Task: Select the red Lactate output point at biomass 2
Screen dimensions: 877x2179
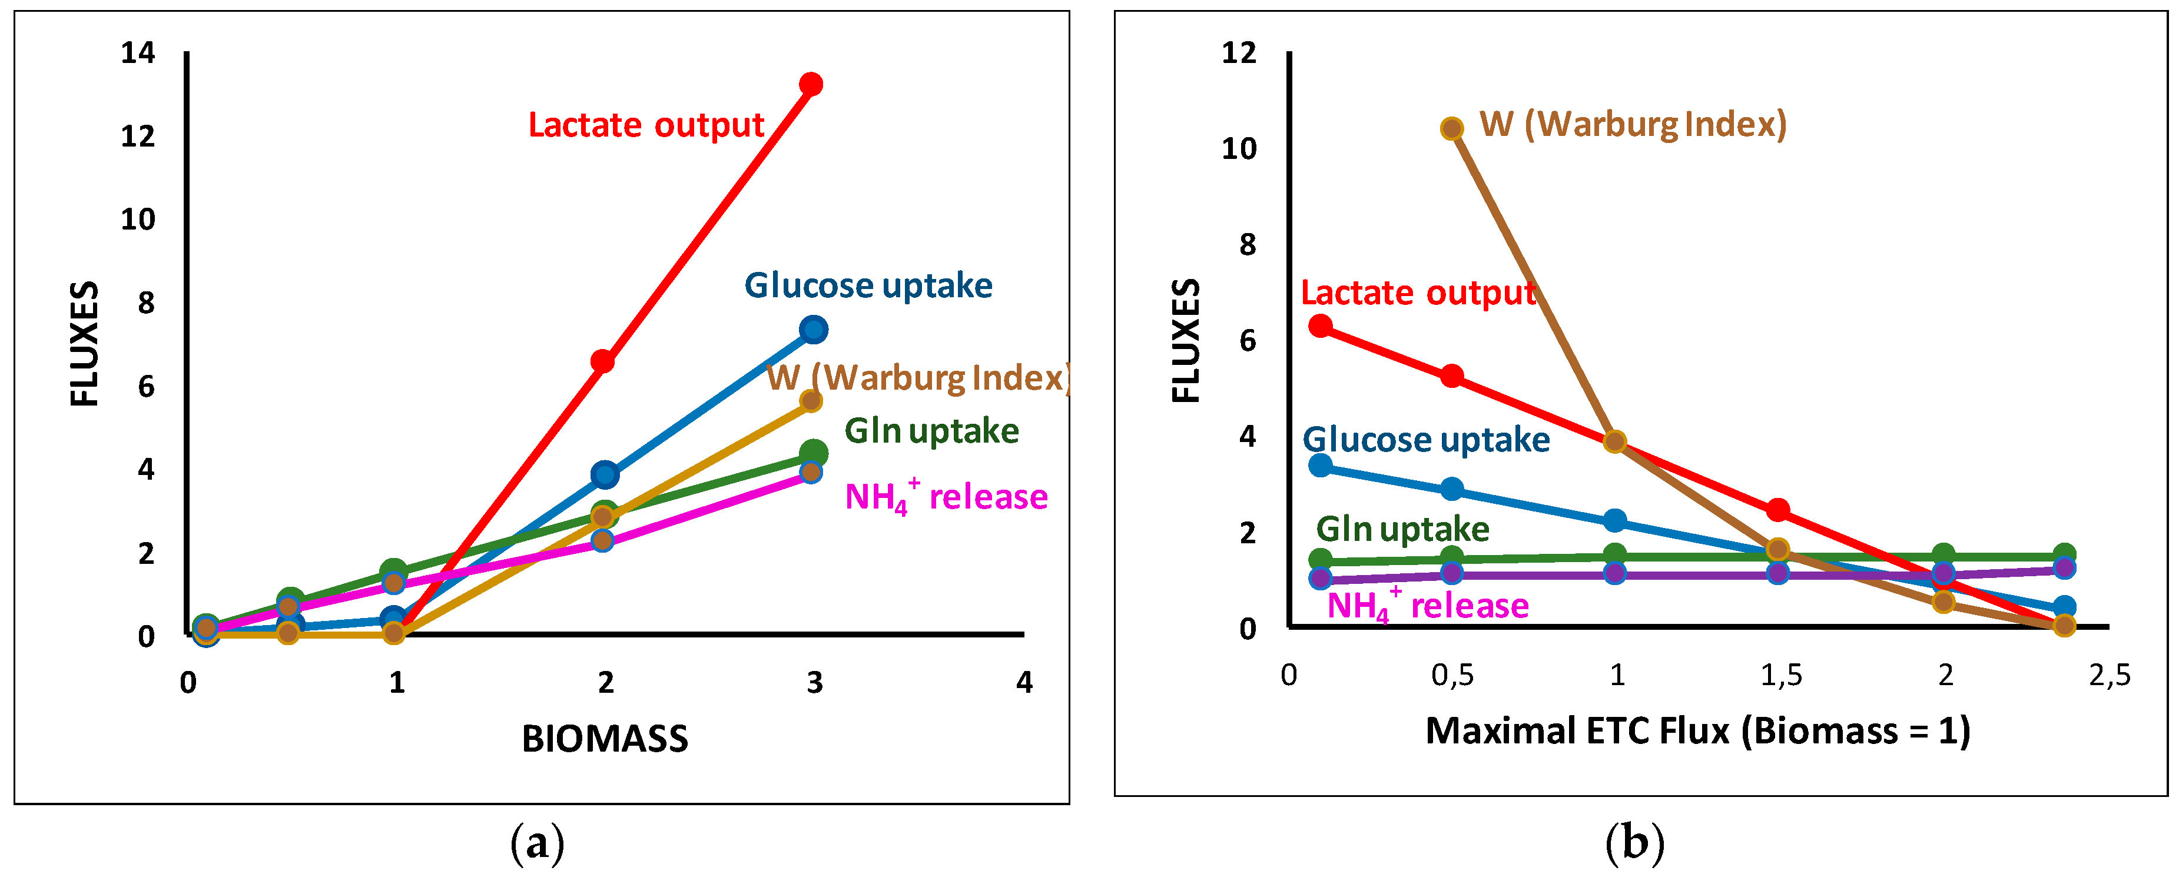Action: click(602, 362)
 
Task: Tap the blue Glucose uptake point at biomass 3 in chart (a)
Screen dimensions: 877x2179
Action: click(814, 330)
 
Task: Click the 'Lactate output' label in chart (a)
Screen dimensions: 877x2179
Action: click(646, 125)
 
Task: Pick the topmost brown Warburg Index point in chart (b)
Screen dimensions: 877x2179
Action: click(1451, 128)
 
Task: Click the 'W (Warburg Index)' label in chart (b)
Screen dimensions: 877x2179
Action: click(1633, 124)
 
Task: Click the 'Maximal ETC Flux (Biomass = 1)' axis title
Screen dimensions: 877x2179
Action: click(1698, 730)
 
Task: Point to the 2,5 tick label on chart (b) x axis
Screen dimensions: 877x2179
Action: click(2110, 676)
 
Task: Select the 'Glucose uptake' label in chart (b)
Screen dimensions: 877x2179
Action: click(1426, 440)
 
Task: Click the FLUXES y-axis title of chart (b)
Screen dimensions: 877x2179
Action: click(1186, 341)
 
